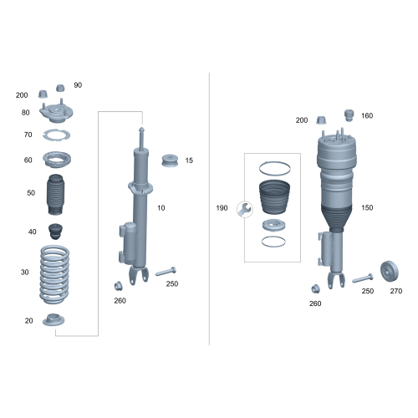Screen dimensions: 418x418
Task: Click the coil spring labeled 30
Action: click(x=54, y=274)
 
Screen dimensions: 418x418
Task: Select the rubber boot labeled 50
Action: click(x=56, y=194)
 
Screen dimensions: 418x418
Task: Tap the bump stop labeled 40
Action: click(x=55, y=232)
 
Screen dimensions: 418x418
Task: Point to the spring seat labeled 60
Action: click(x=57, y=160)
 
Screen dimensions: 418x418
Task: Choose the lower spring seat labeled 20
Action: click(x=54, y=320)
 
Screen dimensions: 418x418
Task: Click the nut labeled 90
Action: click(x=60, y=88)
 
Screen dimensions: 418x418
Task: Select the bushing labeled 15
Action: click(x=170, y=161)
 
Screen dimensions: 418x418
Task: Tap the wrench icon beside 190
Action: click(x=245, y=209)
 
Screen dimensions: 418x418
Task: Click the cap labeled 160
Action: click(x=349, y=115)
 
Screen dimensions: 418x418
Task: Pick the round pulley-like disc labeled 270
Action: click(x=390, y=272)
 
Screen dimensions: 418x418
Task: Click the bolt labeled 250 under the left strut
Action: click(x=166, y=272)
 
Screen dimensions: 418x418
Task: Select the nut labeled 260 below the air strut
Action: click(x=315, y=288)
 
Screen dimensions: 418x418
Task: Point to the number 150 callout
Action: click(x=367, y=207)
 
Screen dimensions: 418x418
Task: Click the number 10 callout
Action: click(x=161, y=208)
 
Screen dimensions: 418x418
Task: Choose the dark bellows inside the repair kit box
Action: click(x=274, y=197)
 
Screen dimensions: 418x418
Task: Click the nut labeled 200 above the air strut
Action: click(x=321, y=120)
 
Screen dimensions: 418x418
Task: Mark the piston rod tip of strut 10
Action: click(x=141, y=129)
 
